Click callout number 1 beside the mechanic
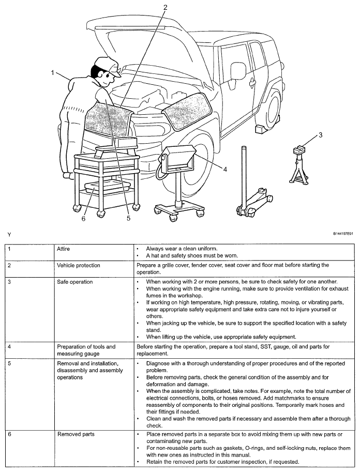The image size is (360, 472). tap(53, 73)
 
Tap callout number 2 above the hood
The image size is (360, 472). tap(165, 7)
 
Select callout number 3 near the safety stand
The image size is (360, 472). tap(320, 135)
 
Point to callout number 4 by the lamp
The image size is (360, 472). tap(225, 169)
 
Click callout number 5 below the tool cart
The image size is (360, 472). tap(128, 218)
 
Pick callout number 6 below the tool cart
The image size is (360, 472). tap(83, 218)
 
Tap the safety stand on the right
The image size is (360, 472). tap(298, 165)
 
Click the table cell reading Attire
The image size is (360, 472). tap(64, 249)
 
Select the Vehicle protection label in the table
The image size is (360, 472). tap(79, 265)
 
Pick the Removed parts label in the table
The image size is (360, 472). tap(73, 435)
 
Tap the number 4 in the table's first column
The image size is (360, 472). tap(9, 346)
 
